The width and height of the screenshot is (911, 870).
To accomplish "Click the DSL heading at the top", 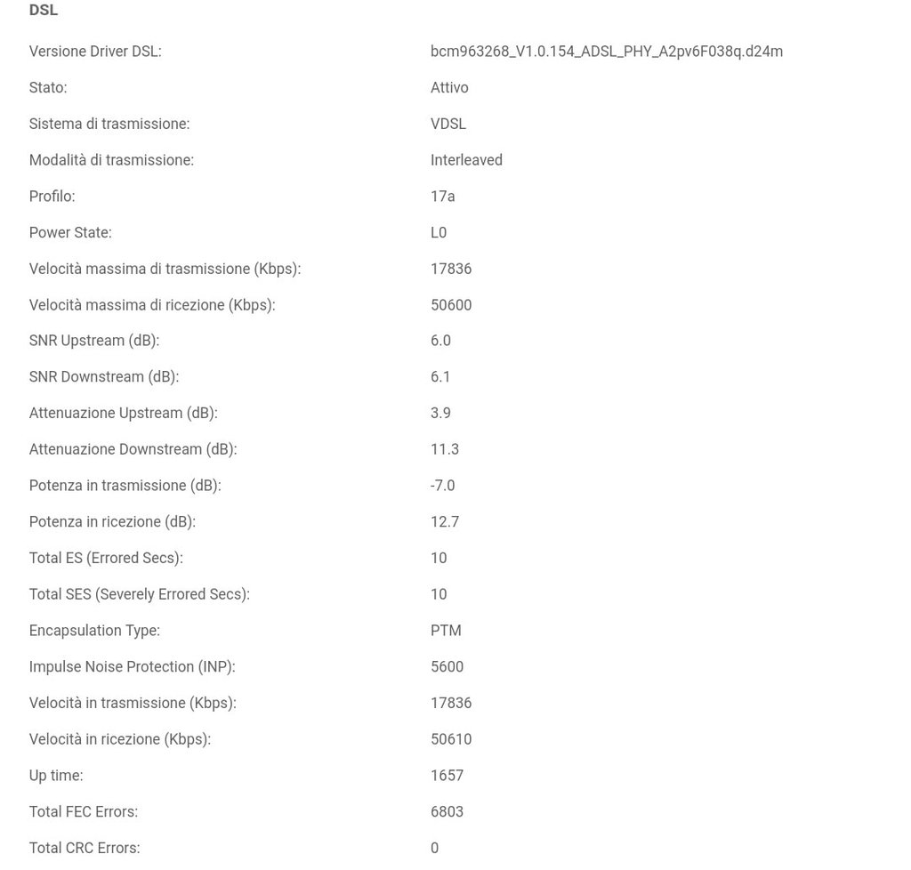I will pyautogui.click(x=44, y=11).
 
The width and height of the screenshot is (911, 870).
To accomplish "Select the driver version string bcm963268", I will pyautogui.click(x=606, y=52).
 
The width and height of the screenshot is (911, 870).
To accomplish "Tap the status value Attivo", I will pyautogui.click(x=449, y=88).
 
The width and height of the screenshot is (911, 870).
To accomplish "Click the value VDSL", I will pyautogui.click(x=448, y=125).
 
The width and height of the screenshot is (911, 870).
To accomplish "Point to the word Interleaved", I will pyautogui.click(x=466, y=160).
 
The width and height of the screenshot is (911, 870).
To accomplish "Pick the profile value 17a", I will pyautogui.click(x=442, y=197).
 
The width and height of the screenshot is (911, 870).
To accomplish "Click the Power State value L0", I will pyautogui.click(x=439, y=233).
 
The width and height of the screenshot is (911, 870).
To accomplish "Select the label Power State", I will pyautogui.click(x=70, y=233).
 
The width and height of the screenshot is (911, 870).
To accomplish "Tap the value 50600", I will pyautogui.click(x=451, y=305).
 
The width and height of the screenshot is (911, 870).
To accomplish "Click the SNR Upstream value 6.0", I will pyautogui.click(x=440, y=341).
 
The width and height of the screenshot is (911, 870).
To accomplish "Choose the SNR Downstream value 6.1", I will pyautogui.click(x=440, y=377).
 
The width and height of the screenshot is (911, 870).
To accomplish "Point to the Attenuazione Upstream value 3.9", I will pyautogui.click(x=440, y=414).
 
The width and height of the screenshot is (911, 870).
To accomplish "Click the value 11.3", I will pyautogui.click(x=445, y=450).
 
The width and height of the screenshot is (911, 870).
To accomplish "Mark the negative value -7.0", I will pyautogui.click(x=442, y=486).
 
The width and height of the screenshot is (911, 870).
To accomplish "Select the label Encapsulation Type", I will pyautogui.click(x=94, y=631).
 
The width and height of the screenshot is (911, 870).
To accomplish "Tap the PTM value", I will pyautogui.click(x=446, y=631).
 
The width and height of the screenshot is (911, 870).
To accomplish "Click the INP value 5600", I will pyautogui.click(x=447, y=667).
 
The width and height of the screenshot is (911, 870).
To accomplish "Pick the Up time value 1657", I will pyautogui.click(x=447, y=776).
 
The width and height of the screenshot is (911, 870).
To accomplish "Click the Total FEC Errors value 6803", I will pyautogui.click(x=447, y=812).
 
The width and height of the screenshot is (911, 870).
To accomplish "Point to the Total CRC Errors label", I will pyautogui.click(x=85, y=849).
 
